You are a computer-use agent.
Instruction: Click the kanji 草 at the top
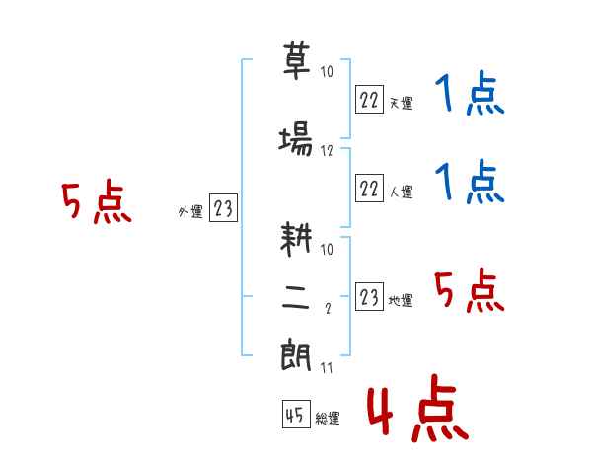click(x=296, y=60)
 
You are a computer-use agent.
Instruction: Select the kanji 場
click(x=296, y=138)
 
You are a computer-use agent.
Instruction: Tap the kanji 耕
click(x=296, y=239)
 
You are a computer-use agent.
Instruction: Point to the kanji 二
click(x=295, y=298)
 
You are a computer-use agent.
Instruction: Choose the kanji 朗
click(x=296, y=354)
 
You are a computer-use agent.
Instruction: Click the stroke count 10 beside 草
click(x=327, y=71)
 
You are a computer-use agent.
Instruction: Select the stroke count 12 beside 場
click(x=327, y=151)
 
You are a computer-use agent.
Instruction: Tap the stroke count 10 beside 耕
click(x=327, y=249)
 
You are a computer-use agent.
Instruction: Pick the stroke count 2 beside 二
click(x=328, y=308)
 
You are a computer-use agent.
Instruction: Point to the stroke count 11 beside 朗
click(x=327, y=367)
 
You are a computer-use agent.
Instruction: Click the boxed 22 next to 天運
click(x=369, y=100)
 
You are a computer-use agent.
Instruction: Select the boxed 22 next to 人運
click(x=369, y=188)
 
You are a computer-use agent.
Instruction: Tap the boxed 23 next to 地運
click(x=369, y=296)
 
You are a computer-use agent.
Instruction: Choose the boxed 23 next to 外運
click(x=223, y=208)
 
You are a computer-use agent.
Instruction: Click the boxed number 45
click(x=296, y=415)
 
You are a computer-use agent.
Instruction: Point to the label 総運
click(x=328, y=419)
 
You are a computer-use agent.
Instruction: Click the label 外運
click(x=190, y=212)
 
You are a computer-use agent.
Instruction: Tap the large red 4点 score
click(x=418, y=408)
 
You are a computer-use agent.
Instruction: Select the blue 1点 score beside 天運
click(x=470, y=93)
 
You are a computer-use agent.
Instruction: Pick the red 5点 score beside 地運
click(x=470, y=290)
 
